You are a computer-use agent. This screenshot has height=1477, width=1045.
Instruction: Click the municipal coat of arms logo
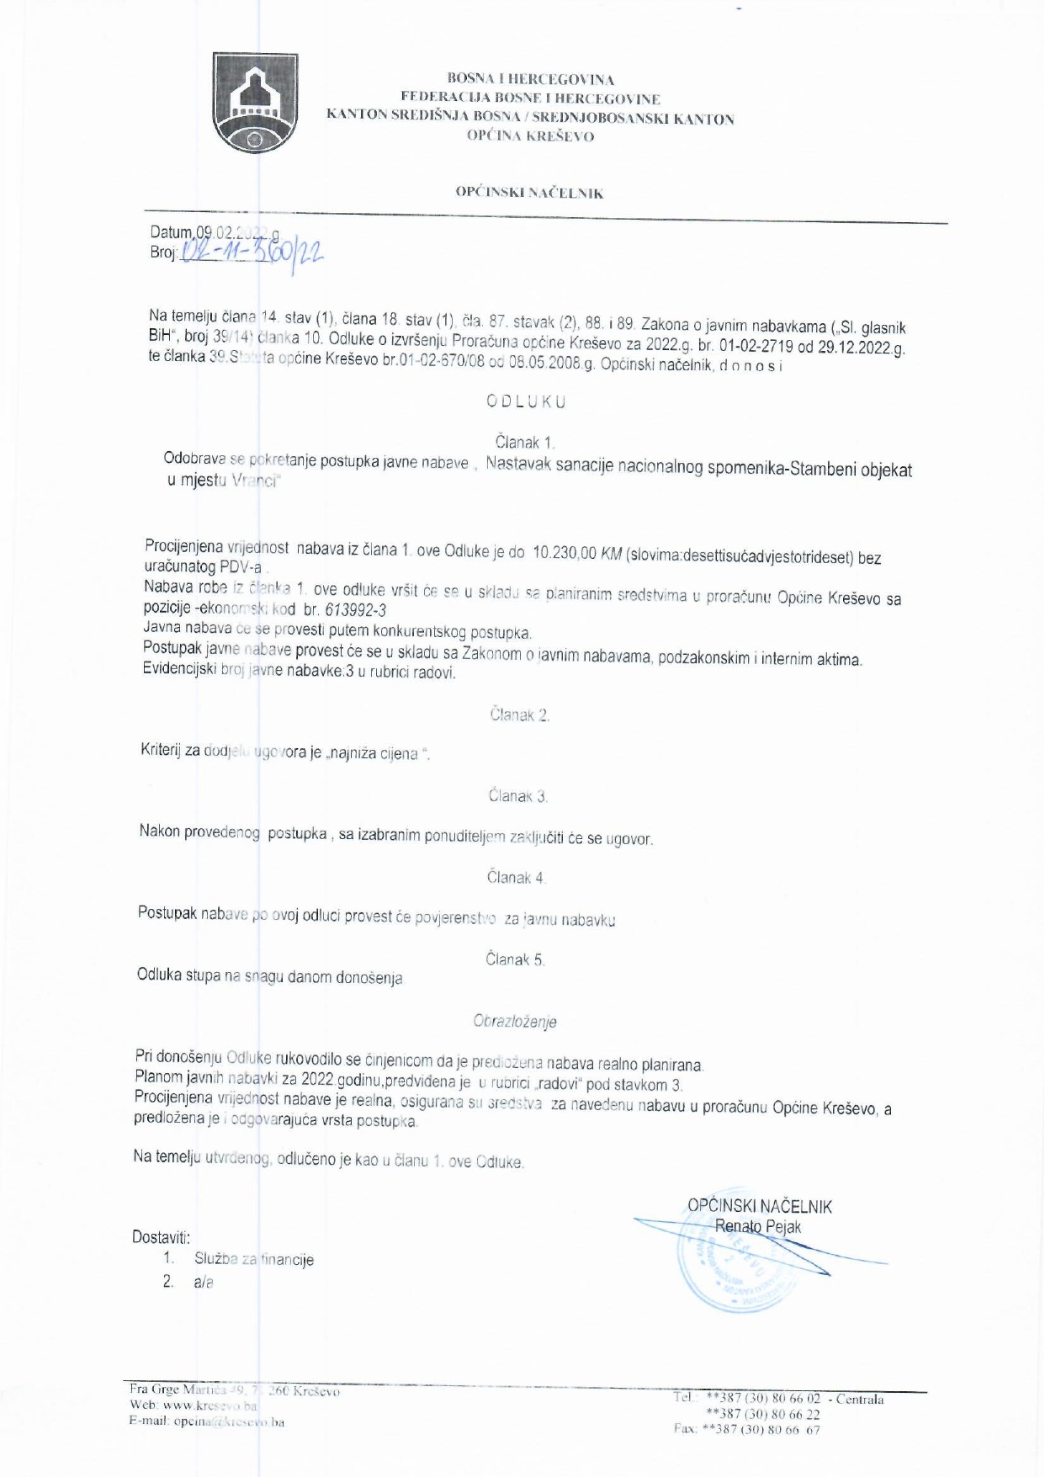[255, 103]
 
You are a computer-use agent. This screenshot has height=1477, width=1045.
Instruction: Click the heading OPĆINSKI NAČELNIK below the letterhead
[529, 193]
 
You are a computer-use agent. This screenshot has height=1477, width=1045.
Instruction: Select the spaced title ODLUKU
[526, 401]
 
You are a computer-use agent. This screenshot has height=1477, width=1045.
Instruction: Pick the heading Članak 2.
[519, 715]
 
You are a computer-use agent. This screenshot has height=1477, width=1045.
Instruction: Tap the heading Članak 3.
[518, 796]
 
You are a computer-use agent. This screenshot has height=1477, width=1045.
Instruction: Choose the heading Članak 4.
[516, 878]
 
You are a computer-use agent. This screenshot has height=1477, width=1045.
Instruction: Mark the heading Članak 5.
[515, 959]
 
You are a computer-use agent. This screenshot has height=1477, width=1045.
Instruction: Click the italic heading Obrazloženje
[515, 1022]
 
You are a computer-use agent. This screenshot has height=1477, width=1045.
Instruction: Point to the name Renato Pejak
[757, 1227]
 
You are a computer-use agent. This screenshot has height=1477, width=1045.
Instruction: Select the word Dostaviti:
[162, 1237]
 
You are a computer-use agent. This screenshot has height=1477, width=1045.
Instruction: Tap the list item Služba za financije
[254, 1259]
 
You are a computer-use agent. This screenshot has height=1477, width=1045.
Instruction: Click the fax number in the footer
[747, 1429]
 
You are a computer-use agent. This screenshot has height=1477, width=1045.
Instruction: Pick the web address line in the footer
[194, 1405]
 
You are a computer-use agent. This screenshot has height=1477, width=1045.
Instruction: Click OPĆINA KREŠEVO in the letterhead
[530, 136]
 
